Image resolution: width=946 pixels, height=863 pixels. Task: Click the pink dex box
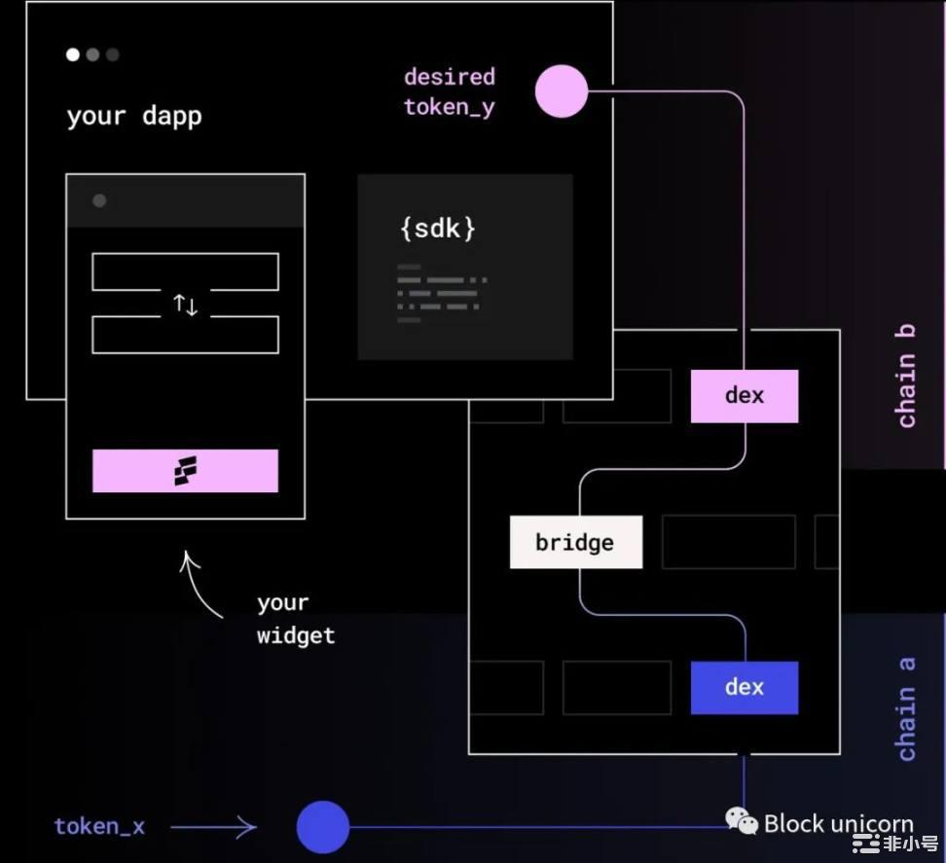[x=745, y=396]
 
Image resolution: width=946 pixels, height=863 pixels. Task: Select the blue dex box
[x=745, y=687]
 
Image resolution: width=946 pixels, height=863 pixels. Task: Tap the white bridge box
[x=575, y=542]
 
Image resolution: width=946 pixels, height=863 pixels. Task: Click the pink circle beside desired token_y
[x=562, y=91]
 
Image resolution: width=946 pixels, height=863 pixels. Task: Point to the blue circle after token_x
[x=323, y=827]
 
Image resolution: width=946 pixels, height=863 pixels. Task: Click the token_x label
[x=99, y=827]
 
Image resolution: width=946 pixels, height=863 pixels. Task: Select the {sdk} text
[x=438, y=229]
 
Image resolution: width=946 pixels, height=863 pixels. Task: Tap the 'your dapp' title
[x=134, y=117]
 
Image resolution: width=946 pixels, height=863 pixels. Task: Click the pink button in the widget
[x=185, y=471]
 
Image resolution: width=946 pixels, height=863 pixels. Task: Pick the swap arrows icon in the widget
[x=185, y=306]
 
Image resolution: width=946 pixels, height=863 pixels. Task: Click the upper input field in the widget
[x=185, y=271]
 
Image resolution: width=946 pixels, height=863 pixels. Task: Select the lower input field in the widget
[x=185, y=335]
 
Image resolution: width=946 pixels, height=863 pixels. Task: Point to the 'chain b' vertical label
[x=906, y=376]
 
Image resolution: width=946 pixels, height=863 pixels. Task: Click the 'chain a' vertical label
[x=906, y=708]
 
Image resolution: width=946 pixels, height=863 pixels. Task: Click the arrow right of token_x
[x=214, y=828]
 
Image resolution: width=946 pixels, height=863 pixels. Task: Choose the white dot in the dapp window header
[x=73, y=54]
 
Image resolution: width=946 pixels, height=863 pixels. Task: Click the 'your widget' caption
[x=296, y=620]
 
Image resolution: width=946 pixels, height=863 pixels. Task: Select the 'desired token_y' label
[x=450, y=91]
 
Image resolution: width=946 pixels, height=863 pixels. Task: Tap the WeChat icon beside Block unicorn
[x=742, y=822]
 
